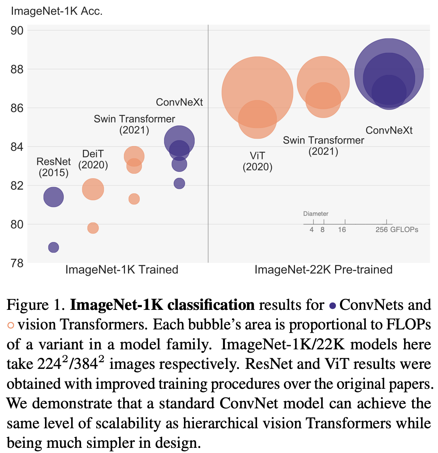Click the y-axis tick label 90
(x=17, y=30)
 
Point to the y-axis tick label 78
(x=17, y=263)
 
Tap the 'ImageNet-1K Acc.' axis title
(x=56, y=11)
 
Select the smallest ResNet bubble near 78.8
(x=53, y=247)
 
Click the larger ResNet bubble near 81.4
(x=53, y=197)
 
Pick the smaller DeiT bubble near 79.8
(x=93, y=228)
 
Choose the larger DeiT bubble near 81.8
(x=93, y=189)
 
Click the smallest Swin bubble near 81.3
(x=134, y=199)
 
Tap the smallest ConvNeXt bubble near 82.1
(x=179, y=183)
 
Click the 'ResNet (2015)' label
(x=53, y=167)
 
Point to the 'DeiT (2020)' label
(x=93, y=159)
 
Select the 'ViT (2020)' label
(x=257, y=162)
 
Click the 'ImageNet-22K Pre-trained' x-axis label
(x=323, y=270)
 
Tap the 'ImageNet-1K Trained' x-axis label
(x=122, y=270)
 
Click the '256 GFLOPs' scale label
(x=397, y=230)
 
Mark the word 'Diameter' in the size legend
(x=316, y=214)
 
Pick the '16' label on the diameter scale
(x=342, y=230)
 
